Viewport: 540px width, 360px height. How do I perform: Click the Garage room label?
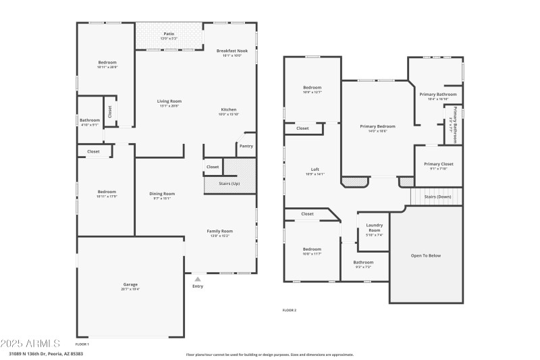click(x=130, y=285)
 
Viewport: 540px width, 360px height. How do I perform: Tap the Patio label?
click(x=169, y=34)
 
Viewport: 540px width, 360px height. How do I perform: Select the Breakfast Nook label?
click(x=232, y=51)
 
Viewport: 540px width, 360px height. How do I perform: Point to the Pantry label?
click(x=246, y=145)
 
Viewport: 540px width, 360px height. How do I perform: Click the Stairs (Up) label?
click(x=230, y=184)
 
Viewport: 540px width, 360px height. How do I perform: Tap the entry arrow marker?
click(x=197, y=278)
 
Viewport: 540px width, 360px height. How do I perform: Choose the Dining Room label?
click(x=162, y=194)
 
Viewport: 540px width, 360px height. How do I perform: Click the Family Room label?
click(x=219, y=231)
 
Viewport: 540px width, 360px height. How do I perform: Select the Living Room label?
click(x=169, y=101)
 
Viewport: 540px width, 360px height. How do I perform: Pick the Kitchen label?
click(x=229, y=109)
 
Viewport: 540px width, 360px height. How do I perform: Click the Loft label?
click(x=315, y=170)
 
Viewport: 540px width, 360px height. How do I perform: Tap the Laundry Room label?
click(x=374, y=228)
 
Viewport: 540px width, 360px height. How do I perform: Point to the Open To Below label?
click(x=426, y=255)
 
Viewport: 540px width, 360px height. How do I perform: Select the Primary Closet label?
click(x=438, y=164)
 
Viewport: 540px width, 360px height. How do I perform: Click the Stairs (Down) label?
click(x=437, y=197)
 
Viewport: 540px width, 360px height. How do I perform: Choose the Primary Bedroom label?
click(x=377, y=126)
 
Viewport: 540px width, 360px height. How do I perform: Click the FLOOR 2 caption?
click(x=289, y=310)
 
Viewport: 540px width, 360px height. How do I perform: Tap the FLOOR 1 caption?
click(x=82, y=344)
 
